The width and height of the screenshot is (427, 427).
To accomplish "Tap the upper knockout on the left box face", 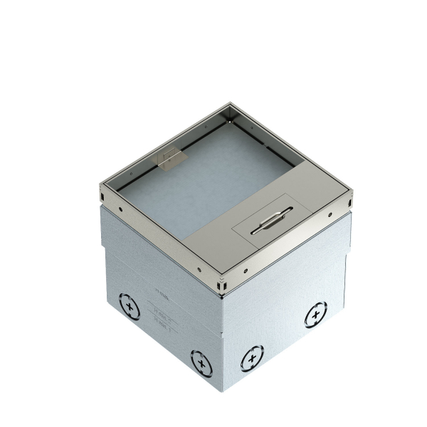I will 130,308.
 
